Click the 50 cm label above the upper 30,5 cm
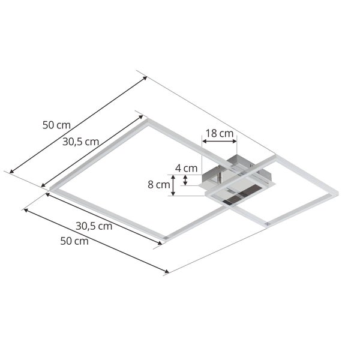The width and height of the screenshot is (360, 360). (x=56, y=125)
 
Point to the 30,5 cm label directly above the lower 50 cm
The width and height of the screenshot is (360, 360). (x=94, y=226)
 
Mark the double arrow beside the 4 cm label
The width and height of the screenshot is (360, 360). (x=186, y=180)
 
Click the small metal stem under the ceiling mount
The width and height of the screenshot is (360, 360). (x=220, y=178)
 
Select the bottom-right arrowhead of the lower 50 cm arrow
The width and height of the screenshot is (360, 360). (x=168, y=272)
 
